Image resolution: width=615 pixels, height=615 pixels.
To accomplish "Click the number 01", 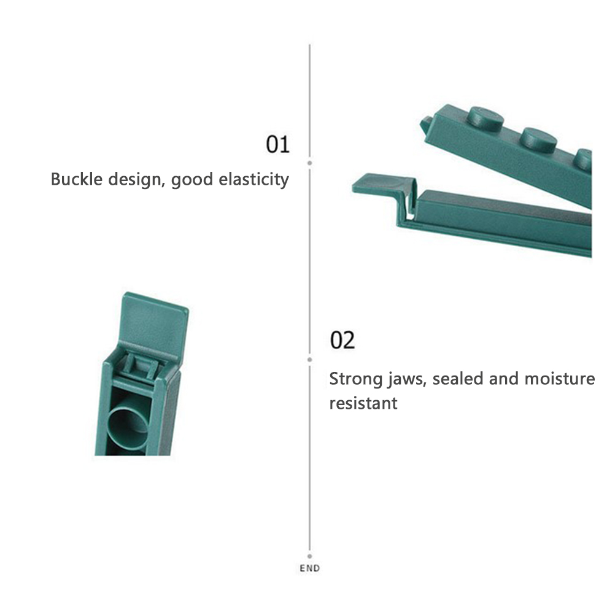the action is click(277, 144).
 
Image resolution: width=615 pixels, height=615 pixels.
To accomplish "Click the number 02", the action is click(342, 340).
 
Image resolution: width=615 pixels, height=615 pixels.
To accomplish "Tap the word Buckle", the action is click(77, 179).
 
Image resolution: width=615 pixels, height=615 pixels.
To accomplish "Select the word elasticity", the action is click(253, 180).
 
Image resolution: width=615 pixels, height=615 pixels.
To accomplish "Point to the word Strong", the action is click(356, 379).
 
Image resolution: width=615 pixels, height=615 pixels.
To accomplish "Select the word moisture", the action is click(560, 379).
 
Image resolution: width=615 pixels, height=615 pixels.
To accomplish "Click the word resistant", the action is click(363, 403).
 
